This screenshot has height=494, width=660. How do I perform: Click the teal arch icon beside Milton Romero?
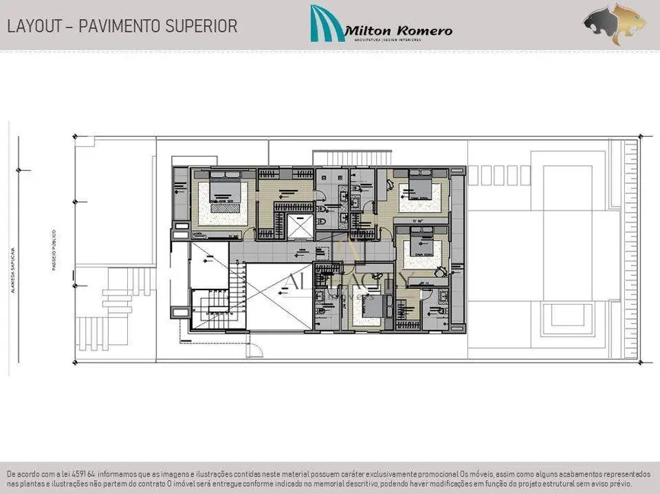(x=327, y=24)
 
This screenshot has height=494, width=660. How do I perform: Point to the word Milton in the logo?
(x=369, y=30)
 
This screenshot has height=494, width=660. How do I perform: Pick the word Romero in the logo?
(x=424, y=30)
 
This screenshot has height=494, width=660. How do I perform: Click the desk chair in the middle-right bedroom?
(x=440, y=271)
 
